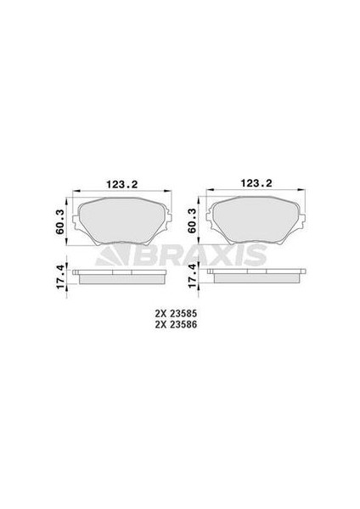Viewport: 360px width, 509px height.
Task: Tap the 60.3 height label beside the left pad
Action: tap(58, 221)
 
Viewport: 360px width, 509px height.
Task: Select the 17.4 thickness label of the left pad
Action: tap(58, 277)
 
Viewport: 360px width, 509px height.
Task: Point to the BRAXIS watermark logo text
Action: tap(226, 255)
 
